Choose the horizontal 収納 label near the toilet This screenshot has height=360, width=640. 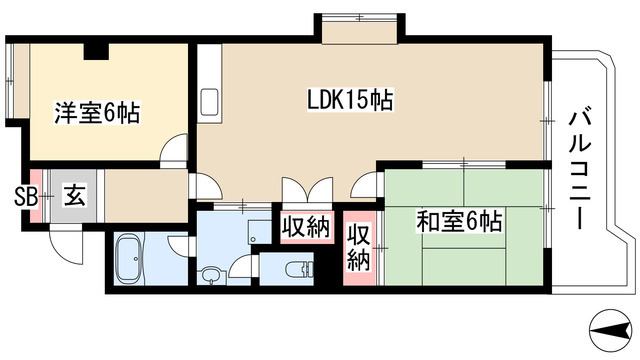[304, 228]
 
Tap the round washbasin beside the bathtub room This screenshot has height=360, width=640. [211, 274]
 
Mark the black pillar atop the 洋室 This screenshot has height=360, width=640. [96, 52]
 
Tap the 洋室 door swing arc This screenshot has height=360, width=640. [175, 150]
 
